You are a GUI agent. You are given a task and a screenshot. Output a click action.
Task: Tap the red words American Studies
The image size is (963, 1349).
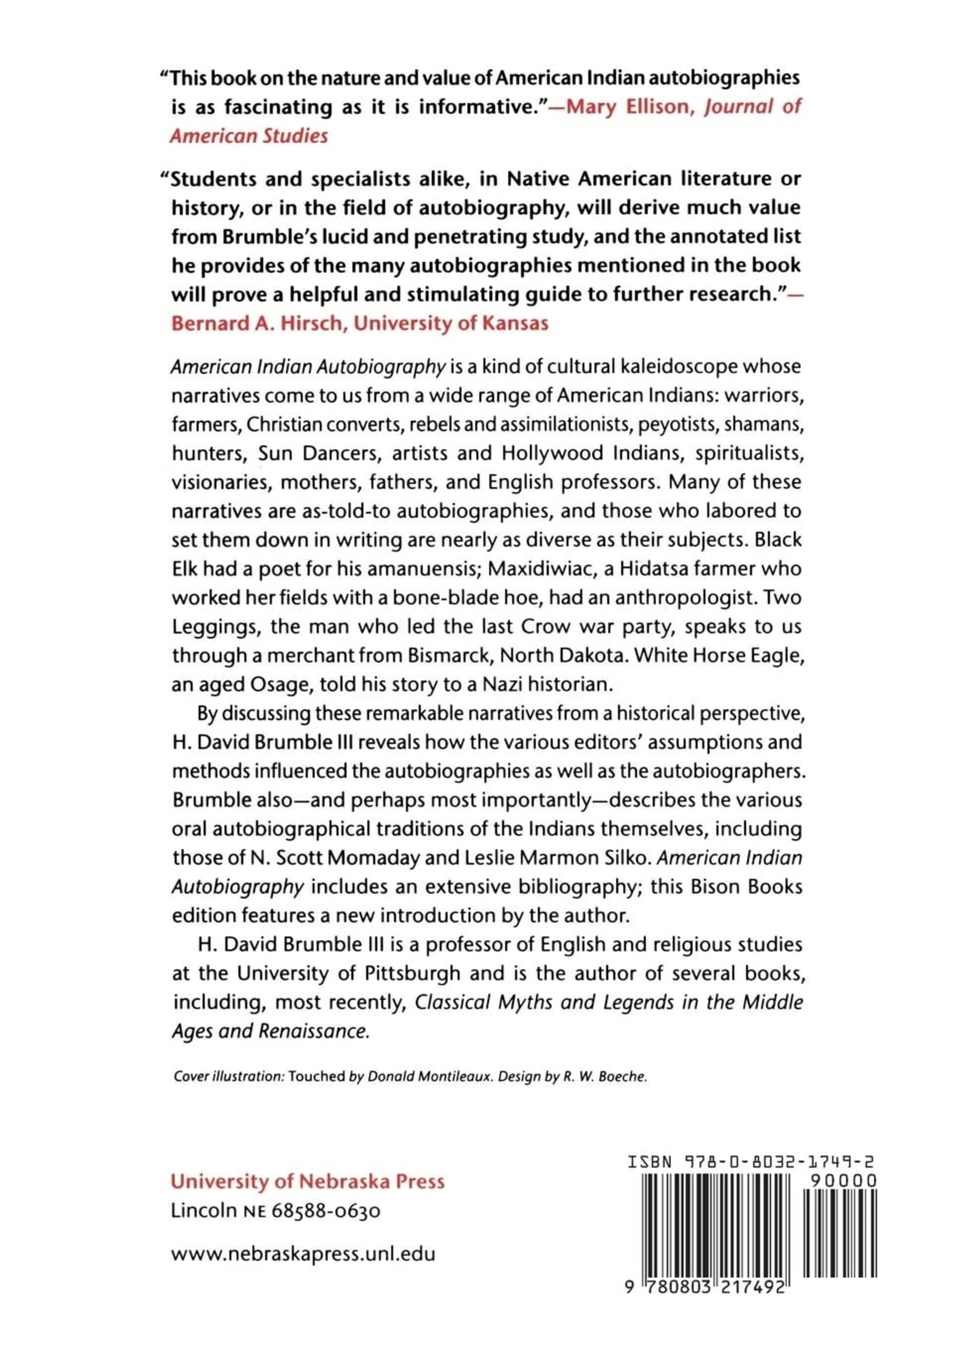tap(249, 136)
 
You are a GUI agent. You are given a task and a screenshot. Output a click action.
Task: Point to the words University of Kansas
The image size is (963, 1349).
tap(451, 323)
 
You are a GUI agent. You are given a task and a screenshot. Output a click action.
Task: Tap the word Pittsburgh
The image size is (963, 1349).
tap(411, 973)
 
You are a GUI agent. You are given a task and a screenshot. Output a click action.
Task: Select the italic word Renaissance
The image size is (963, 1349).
tap(314, 1032)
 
